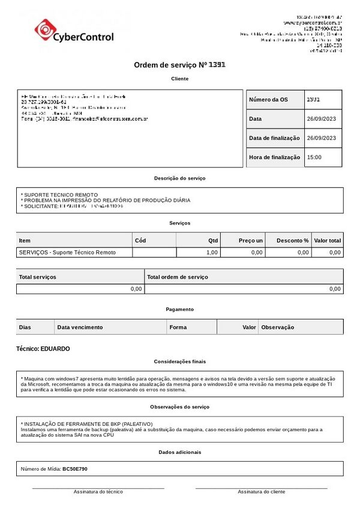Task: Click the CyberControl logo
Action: coord(74,31)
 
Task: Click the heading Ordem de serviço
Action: coord(179,65)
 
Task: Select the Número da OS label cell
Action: coord(268,100)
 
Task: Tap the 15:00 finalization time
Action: coord(314,157)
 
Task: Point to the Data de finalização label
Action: coord(274,138)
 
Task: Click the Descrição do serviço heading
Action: coord(179,178)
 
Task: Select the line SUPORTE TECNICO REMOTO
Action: coord(60,195)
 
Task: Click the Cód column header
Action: coord(140,241)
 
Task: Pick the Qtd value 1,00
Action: coord(211,253)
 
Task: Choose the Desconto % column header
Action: coord(292,241)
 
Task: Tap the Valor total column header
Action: coord(327,241)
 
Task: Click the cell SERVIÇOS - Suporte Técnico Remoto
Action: coord(67,253)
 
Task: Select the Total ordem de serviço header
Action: coord(178,277)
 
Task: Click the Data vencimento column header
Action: coord(80,327)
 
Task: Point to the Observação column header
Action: coord(278,327)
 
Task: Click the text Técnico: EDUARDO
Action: coord(43,349)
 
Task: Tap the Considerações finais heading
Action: coord(179,361)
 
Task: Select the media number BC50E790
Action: coord(75,469)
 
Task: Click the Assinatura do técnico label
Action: coord(98,492)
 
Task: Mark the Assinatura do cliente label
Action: coord(261,492)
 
